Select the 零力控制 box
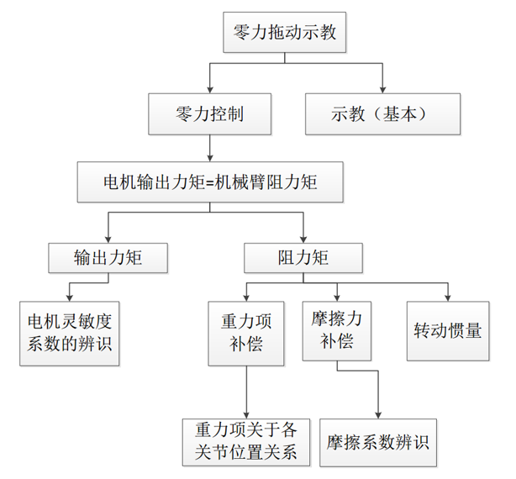coord(210,113)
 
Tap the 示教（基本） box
coord(382,113)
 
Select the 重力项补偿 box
coord(245,332)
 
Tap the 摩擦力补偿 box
coord(337,332)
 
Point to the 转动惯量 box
coord(448,332)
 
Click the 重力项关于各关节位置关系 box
coord(245,441)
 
